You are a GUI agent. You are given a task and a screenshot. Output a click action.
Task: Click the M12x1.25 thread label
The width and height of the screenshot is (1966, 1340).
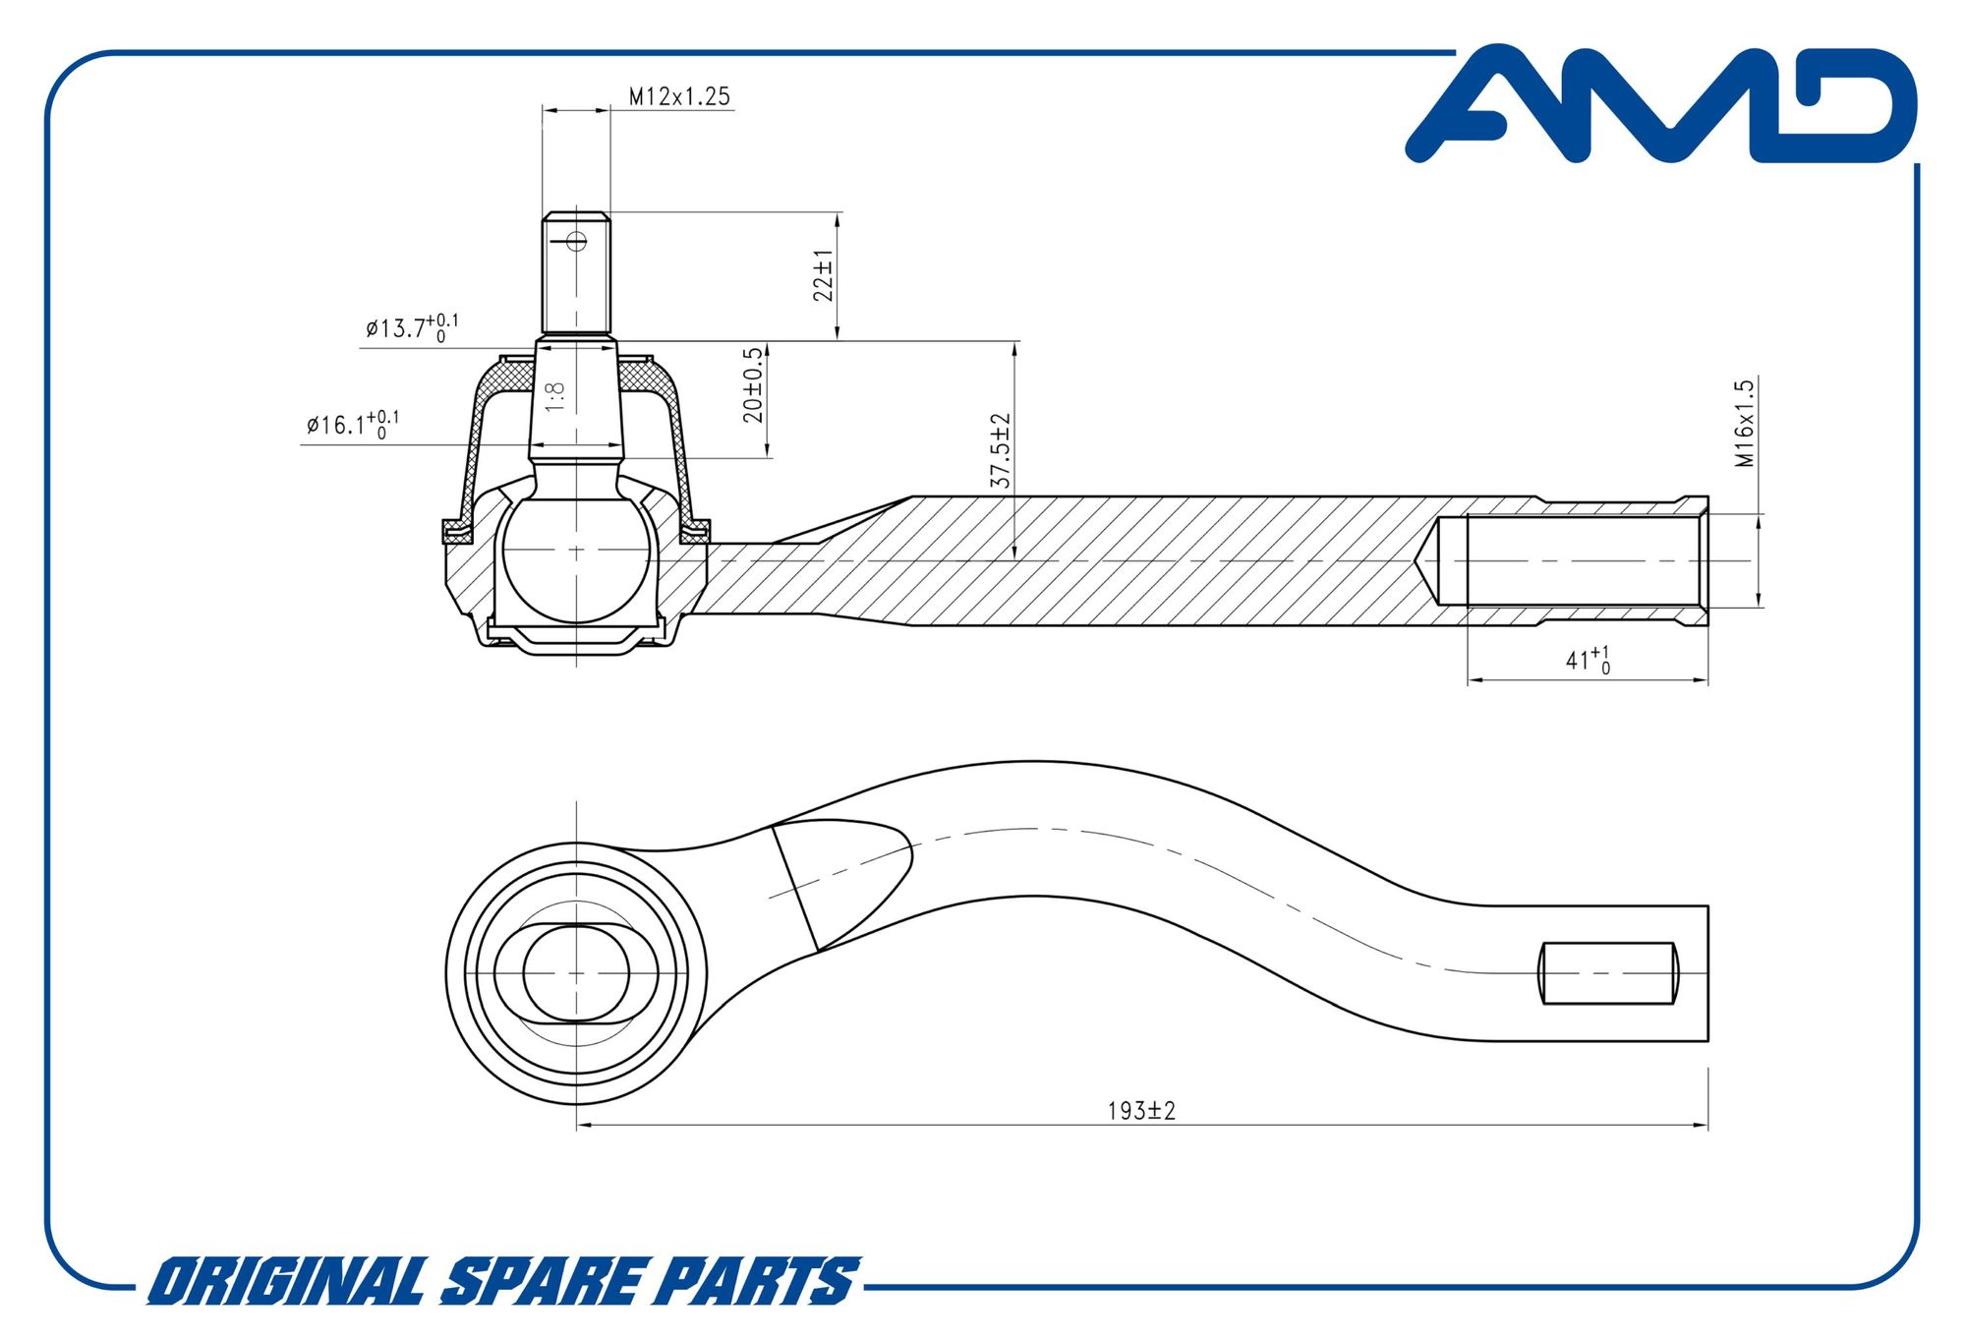(679, 96)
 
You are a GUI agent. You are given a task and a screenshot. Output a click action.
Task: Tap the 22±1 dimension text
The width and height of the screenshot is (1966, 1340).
(823, 275)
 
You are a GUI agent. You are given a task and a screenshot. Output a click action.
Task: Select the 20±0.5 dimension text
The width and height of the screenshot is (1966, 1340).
(753, 384)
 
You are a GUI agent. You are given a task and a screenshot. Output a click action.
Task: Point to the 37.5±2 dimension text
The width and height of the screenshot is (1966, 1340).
(1001, 450)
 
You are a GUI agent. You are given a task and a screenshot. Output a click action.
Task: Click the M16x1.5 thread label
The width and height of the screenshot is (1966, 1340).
(1745, 423)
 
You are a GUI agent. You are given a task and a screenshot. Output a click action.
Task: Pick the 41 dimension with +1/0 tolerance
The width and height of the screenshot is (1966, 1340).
(1588, 660)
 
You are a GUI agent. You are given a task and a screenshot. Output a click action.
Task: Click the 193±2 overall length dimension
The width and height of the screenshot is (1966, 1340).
(1141, 1111)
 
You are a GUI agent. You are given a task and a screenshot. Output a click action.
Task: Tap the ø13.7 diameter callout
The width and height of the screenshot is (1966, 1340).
(412, 327)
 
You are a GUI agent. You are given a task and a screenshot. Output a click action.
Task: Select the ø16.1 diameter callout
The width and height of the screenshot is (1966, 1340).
(353, 425)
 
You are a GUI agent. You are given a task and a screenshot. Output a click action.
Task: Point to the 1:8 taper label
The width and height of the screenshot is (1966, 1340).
(555, 396)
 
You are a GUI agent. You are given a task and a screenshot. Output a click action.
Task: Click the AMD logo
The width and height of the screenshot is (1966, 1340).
(1661, 103)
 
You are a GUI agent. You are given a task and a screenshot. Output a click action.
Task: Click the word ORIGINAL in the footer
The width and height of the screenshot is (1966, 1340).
(286, 1281)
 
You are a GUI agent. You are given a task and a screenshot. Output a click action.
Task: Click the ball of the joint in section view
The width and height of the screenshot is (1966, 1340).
(576, 558)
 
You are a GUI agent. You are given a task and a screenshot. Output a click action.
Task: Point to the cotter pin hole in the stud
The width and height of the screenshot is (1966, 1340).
(577, 240)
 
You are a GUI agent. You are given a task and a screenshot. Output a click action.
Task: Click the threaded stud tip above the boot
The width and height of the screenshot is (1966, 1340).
(576, 272)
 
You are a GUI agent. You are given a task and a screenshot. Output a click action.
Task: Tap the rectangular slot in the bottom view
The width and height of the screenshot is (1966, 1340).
(1609, 973)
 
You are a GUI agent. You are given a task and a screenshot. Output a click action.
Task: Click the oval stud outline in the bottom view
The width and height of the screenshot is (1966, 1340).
(576, 973)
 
